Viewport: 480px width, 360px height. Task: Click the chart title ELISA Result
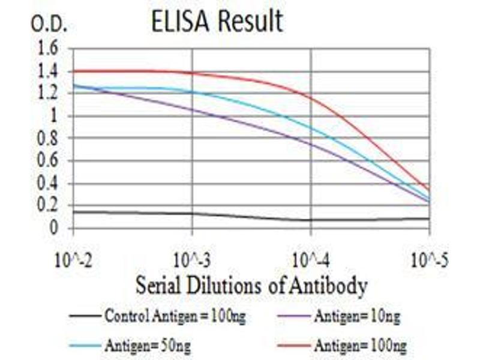coord(217,22)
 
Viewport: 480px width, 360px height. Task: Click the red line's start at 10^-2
coord(73,71)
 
